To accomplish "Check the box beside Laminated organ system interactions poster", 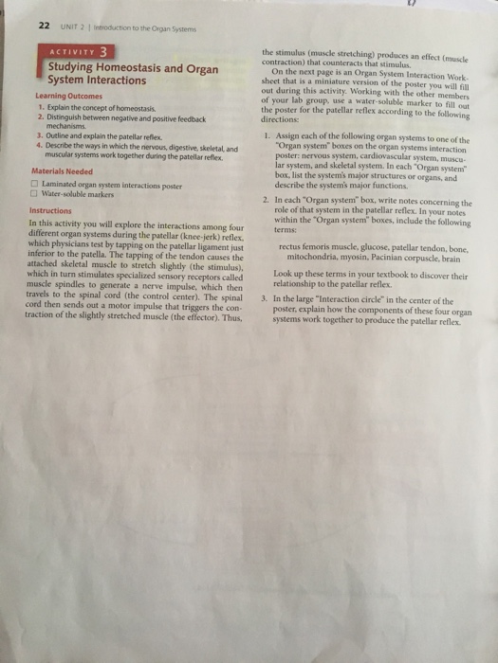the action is (34, 183).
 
